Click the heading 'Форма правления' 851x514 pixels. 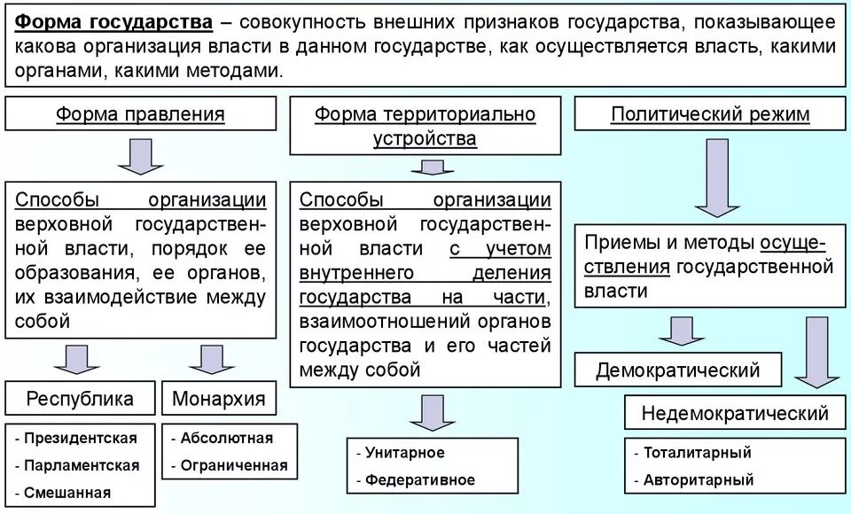click(x=140, y=114)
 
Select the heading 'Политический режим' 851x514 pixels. click(x=710, y=114)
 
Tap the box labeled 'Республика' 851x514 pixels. click(x=80, y=398)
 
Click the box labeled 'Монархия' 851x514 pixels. click(x=218, y=398)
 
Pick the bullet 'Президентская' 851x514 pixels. click(x=81, y=438)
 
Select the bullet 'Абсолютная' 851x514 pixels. click(x=226, y=438)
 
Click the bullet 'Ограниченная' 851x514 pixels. click(x=233, y=465)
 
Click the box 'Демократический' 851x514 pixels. click(x=678, y=370)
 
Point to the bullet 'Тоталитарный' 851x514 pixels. click(x=697, y=453)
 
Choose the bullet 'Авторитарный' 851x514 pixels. click(x=699, y=480)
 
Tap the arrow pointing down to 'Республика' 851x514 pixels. click(x=76, y=359)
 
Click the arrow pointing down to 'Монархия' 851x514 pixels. click(x=211, y=359)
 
